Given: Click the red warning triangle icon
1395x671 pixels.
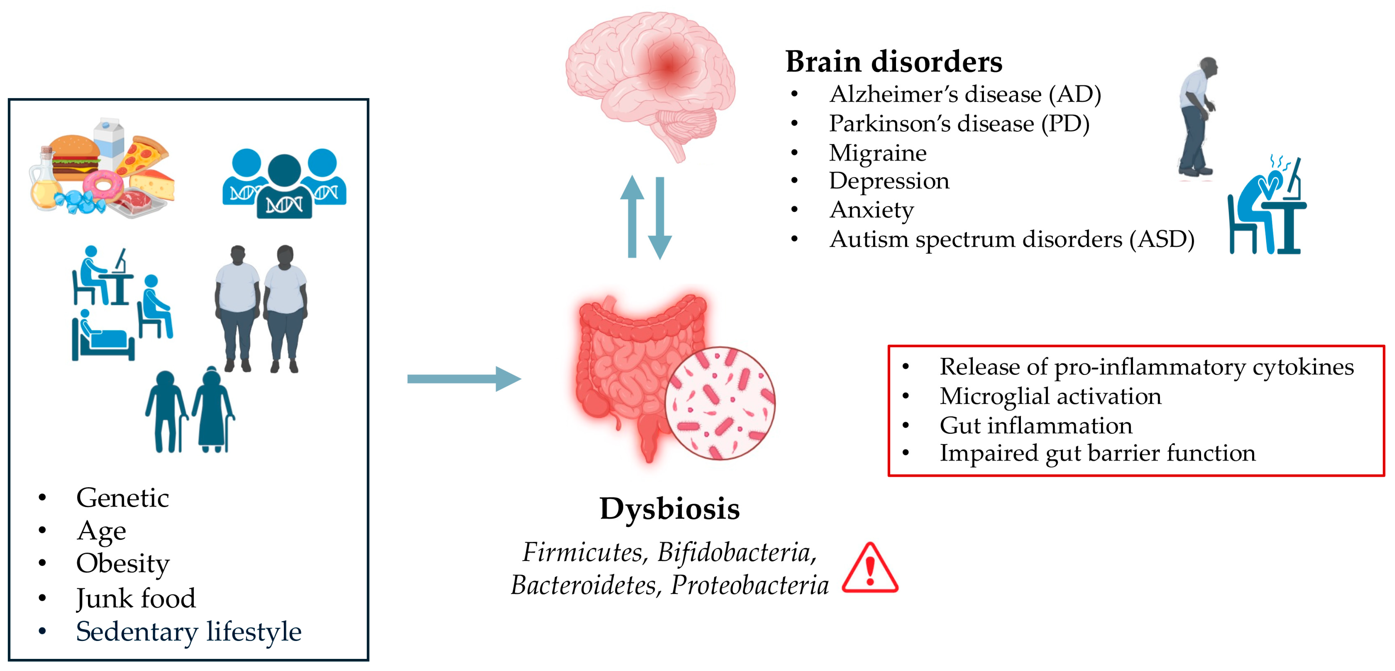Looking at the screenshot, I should (870, 569).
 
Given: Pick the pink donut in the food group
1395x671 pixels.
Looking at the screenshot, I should (103, 184).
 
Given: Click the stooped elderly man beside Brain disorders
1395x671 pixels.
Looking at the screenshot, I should (1197, 116).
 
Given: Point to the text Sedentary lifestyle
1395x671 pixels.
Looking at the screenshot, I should (188, 631).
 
